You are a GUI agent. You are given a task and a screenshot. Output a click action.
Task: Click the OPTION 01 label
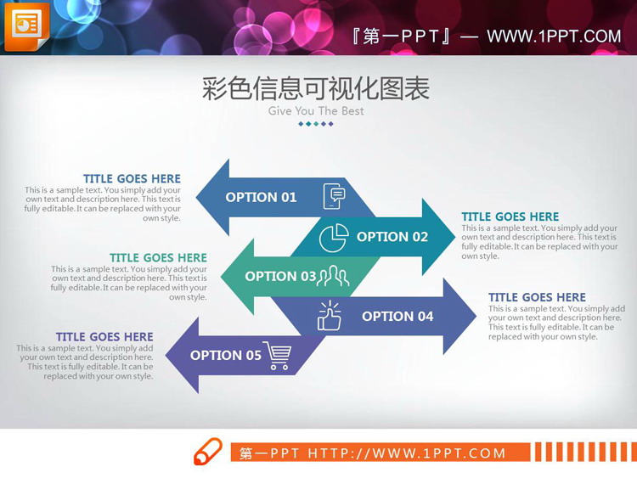[x=261, y=197]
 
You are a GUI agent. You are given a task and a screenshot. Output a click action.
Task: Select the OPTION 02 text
[x=392, y=237]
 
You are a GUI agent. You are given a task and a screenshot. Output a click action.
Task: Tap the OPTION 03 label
[x=281, y=276]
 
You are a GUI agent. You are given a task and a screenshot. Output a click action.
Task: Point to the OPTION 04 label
[x=397, y=316]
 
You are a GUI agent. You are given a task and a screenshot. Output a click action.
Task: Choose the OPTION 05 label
[x=225, y=355]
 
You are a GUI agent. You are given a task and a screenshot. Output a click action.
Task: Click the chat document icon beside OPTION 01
[x=335, y=196]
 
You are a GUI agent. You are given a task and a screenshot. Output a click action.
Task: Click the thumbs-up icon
[x=329, y=316]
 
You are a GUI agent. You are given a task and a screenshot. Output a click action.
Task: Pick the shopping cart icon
[x=277, y=355]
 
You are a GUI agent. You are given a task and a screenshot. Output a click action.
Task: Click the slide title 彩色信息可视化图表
[x=316, y=88]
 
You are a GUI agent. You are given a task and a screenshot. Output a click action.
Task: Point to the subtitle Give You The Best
[x=316, y=111]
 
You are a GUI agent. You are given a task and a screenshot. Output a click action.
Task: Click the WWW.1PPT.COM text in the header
[x=554, y=37]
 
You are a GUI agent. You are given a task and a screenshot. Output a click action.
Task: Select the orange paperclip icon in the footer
[x=208, y=452]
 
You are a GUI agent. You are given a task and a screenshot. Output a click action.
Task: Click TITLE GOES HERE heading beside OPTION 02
[x=510, y=217]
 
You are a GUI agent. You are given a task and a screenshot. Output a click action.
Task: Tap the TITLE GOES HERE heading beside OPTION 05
[x=104, y=337]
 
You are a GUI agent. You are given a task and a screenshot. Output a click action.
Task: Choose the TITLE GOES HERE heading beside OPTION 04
[x=537, y=297]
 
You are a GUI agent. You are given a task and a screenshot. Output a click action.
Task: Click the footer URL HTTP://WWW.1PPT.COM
[x=407, y=453]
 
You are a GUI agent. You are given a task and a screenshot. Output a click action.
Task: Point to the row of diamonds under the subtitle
[x=316, y=124]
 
